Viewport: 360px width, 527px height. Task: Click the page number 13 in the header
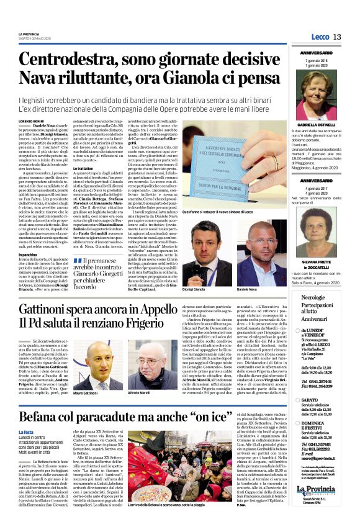tap(338, 37)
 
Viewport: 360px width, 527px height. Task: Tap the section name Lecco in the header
tap(320, 37)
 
